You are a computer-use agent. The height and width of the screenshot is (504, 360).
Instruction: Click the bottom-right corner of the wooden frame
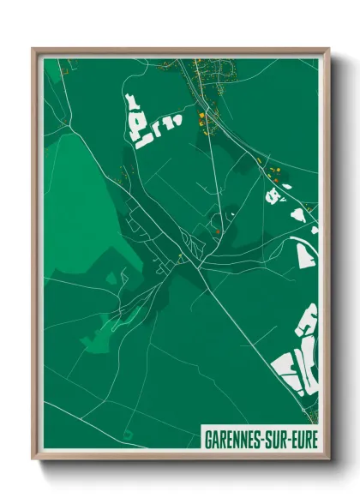pos(328,460)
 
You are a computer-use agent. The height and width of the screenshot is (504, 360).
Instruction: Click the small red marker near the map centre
pos(218,230)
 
